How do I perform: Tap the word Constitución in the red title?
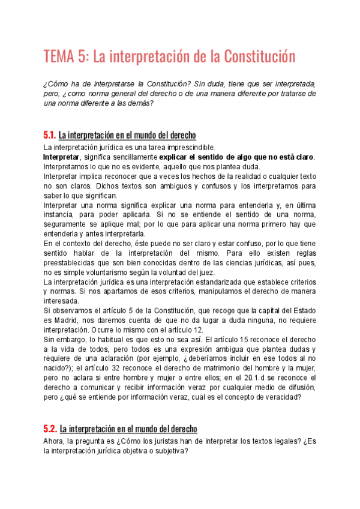pos(260,58)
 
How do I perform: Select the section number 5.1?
pos(49,136)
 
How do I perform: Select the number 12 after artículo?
pos(198,329)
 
